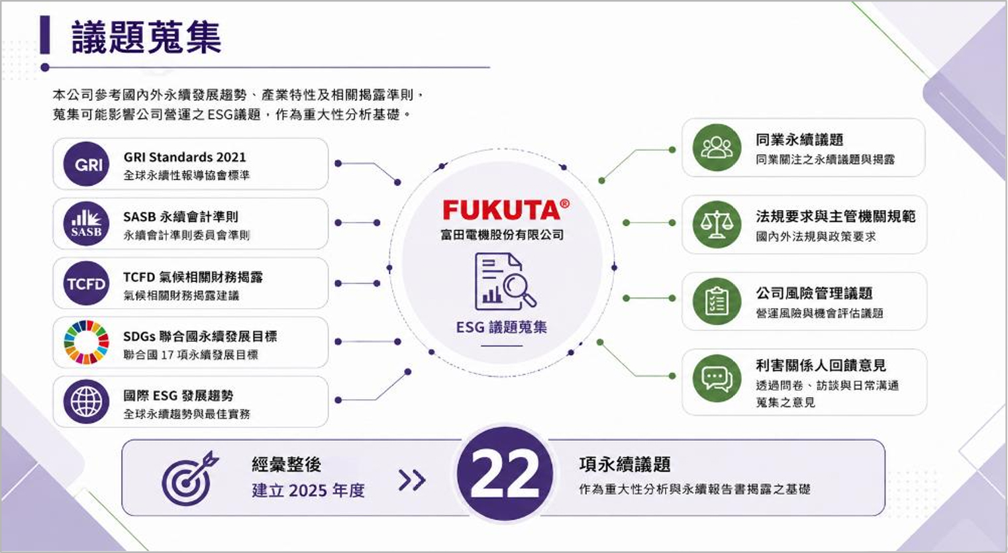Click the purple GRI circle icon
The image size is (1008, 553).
click(x=86, y=164)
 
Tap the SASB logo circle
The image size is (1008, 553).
click(x=86, y=224)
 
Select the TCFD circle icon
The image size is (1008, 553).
click(x=86, y=283)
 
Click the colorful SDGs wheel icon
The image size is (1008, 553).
click(x=86, y=342)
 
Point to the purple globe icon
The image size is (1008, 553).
click(x=86, y=402)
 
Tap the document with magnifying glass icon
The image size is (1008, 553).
click(x=505, y=281)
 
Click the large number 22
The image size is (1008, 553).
click(x=505, y=474)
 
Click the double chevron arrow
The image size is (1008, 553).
click(x=412, y=480)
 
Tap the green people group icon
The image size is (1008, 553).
click(x=717, y=148)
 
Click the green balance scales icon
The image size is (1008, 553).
click(x=717, y=225)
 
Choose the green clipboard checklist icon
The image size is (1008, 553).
click(x=717, y=301)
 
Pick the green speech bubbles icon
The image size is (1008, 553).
click(x=717, y=378)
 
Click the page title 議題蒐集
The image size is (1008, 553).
click(x=146, y=37)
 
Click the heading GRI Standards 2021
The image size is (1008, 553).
click(x=185, y=157)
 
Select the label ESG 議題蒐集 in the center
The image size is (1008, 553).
click(x=502, y=327)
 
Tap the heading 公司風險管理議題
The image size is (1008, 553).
click(x=814, y=293)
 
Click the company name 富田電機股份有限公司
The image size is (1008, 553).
click(x=502, y=235)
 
